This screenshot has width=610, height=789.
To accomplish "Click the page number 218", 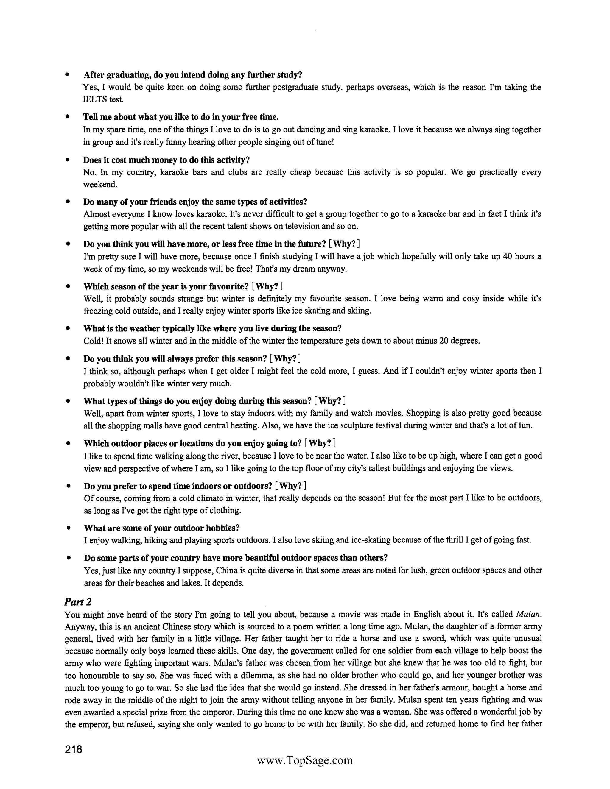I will coord(74,749).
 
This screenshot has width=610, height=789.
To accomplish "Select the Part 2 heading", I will coord(78,602).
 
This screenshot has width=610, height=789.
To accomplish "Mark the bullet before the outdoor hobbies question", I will coord(68,528).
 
